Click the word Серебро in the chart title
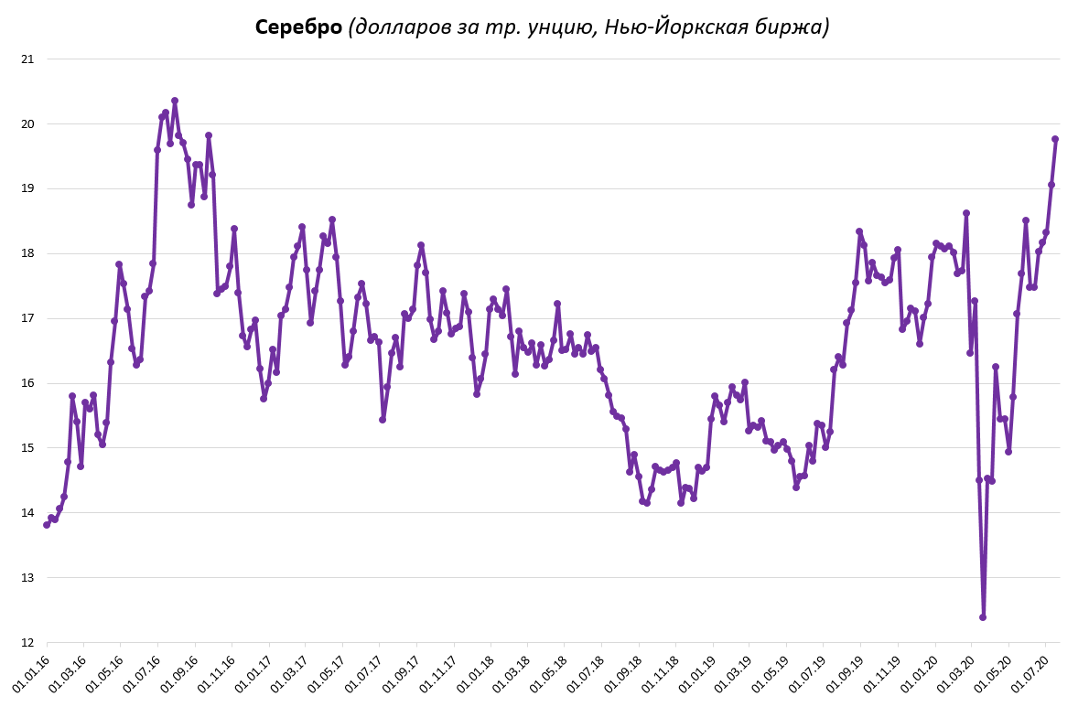click(x=298, y=27)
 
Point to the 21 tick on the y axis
click(x=27, y=59)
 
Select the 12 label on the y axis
click(x=27, y=643)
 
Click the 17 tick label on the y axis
click(x=27, y=318)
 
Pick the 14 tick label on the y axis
click(x=27, y=513)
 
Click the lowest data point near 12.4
click(x=983, y=617)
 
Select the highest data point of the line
click(x=175, y=101)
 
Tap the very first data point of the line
click(x=47, y=525)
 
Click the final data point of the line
click(x=1055, y=139)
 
